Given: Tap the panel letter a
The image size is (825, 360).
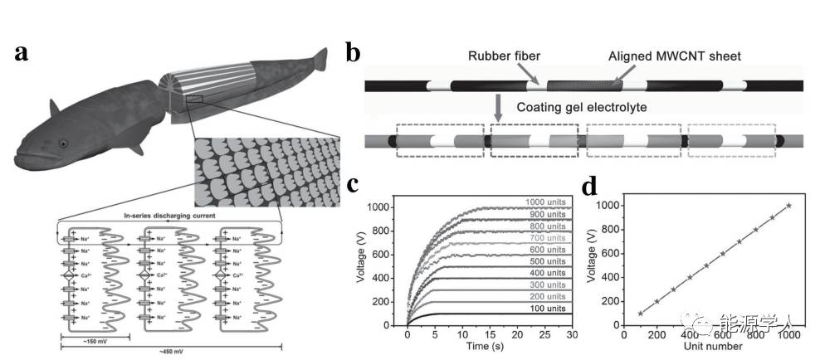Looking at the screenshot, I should [24, 53].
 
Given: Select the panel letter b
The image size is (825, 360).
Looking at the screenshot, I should [352, 53].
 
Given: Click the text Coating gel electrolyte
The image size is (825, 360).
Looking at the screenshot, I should [582, 107].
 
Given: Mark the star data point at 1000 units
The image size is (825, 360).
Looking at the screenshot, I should [788, 205].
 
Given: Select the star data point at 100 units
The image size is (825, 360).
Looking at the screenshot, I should [641, 314].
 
